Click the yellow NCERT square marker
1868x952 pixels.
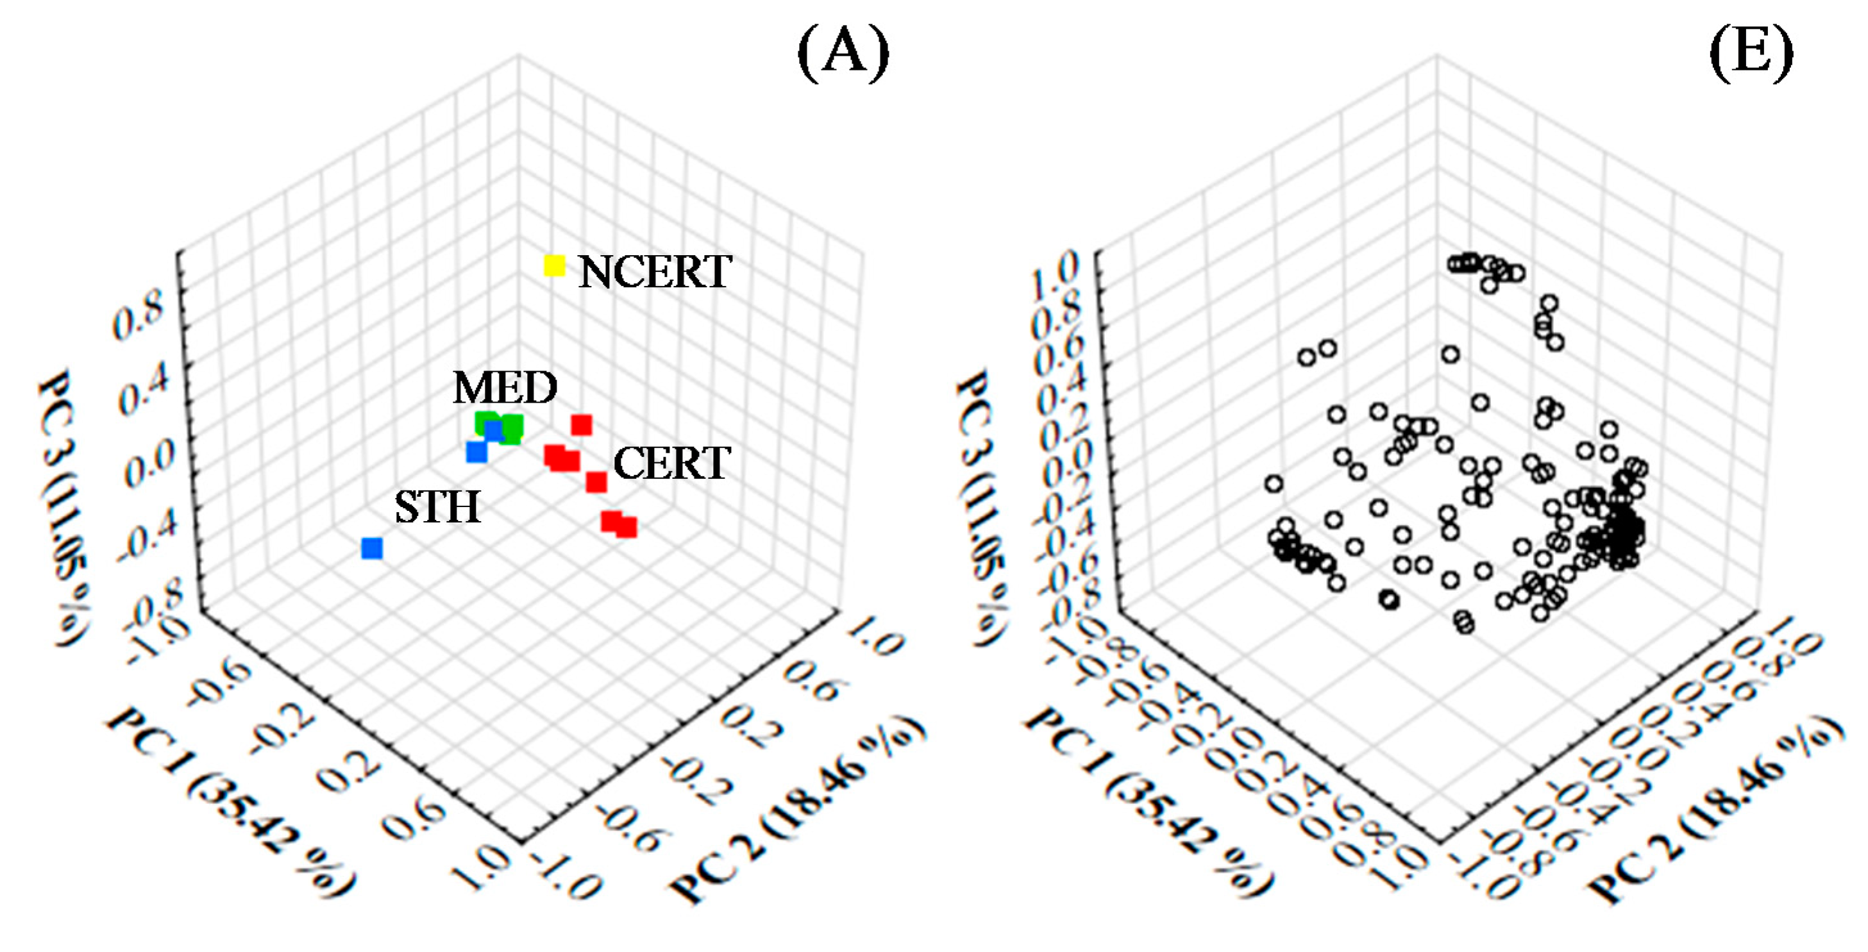click(x=554, y=265)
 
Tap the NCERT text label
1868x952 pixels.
click(x=655, y=272)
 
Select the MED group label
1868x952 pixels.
click(x=505, y=388)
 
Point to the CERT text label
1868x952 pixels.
click(x=671, y=463)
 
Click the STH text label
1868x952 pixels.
click(x=437, y=507)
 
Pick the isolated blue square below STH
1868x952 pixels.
click(x=372, y=548)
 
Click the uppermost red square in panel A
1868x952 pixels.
click(x=582, y=425)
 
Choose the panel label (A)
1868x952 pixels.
click(x=843, y=52)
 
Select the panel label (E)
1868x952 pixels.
click(x=1751, y=52)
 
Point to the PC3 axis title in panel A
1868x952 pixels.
click(x=64, y=508)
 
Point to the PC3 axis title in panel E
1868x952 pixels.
click(x=982, y=508)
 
